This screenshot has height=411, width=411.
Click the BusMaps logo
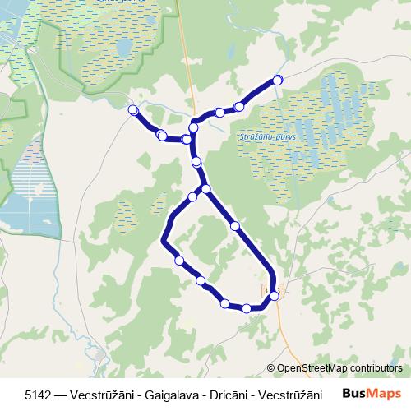(x=372, y=394)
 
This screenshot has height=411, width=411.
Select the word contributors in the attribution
(x=375, y=368)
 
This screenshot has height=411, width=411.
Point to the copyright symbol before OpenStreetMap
(x=272, y=368)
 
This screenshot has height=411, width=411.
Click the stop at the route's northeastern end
(x=278, y=80)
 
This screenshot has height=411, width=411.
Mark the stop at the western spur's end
(x=133, y=109)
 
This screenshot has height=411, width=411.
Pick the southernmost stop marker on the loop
(x=247, y=308)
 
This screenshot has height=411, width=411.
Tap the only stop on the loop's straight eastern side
(x=235, y=225)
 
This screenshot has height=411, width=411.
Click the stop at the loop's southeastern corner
(x=275, y=296)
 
